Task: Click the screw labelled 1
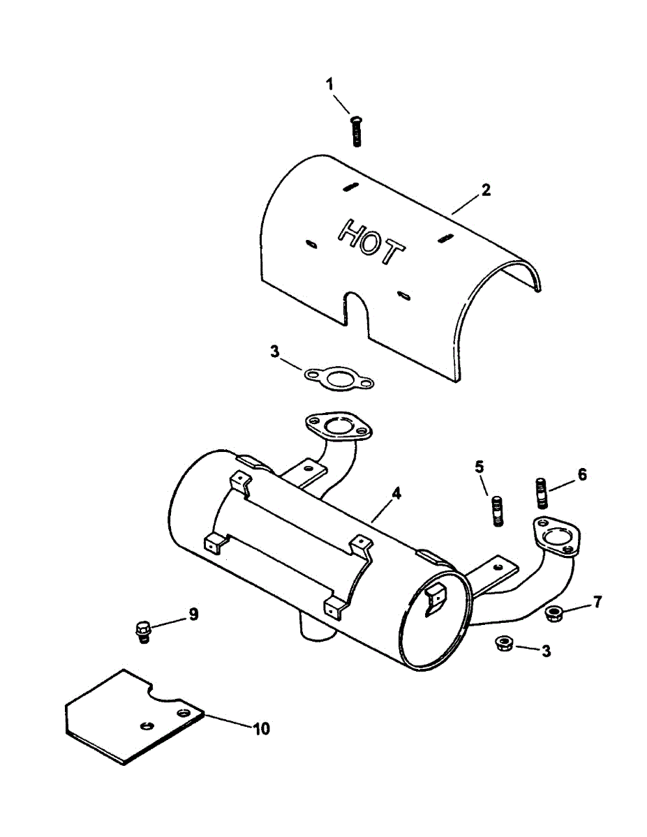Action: [356, 131]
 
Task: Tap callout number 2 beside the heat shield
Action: [486, 190]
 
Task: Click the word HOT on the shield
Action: [370, 241]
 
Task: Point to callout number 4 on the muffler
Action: [396, 493]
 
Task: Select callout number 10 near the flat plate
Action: [260, 729]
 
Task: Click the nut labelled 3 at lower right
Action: [502, 644]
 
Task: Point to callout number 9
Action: [193, 614]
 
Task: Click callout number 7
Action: [597, 602]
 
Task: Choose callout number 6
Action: [581, 475]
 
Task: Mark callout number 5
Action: [479, 467]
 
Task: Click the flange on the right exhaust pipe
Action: [556, 536]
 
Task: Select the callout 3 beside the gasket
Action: [275, 352]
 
